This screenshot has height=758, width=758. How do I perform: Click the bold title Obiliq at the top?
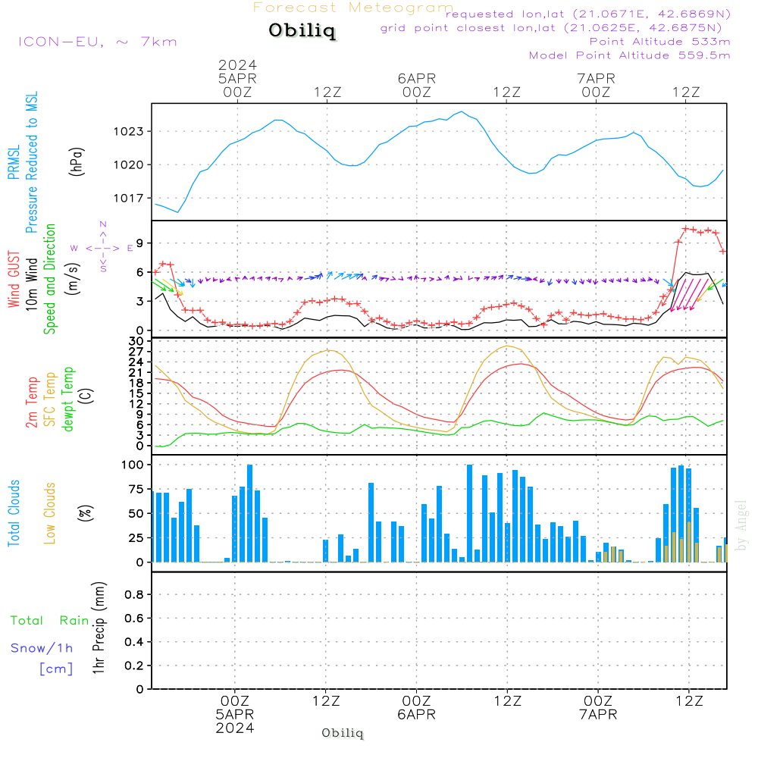pos(302,31)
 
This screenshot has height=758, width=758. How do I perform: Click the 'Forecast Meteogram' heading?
pos(353,8)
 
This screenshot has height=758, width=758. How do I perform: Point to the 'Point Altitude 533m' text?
pos(659,41)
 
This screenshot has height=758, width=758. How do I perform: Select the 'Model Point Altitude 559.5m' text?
pos(629,55)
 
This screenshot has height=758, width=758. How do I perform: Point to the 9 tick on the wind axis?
pos(140,243)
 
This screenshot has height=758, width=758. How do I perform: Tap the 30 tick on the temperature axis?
pos(136,341)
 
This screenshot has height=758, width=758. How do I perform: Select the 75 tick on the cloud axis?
pos(136,490)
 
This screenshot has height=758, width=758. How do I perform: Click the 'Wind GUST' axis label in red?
pos(14,280)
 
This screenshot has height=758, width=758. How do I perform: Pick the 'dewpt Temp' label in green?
pos(69,399)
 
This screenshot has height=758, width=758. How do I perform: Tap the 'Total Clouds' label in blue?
pos(14,513)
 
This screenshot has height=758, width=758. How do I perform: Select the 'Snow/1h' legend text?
pos(42,648)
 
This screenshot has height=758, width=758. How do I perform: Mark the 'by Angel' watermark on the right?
pos(741,525)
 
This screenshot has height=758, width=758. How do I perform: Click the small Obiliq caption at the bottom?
pos(343,733)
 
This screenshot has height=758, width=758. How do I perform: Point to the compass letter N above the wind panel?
pos(103,224)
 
